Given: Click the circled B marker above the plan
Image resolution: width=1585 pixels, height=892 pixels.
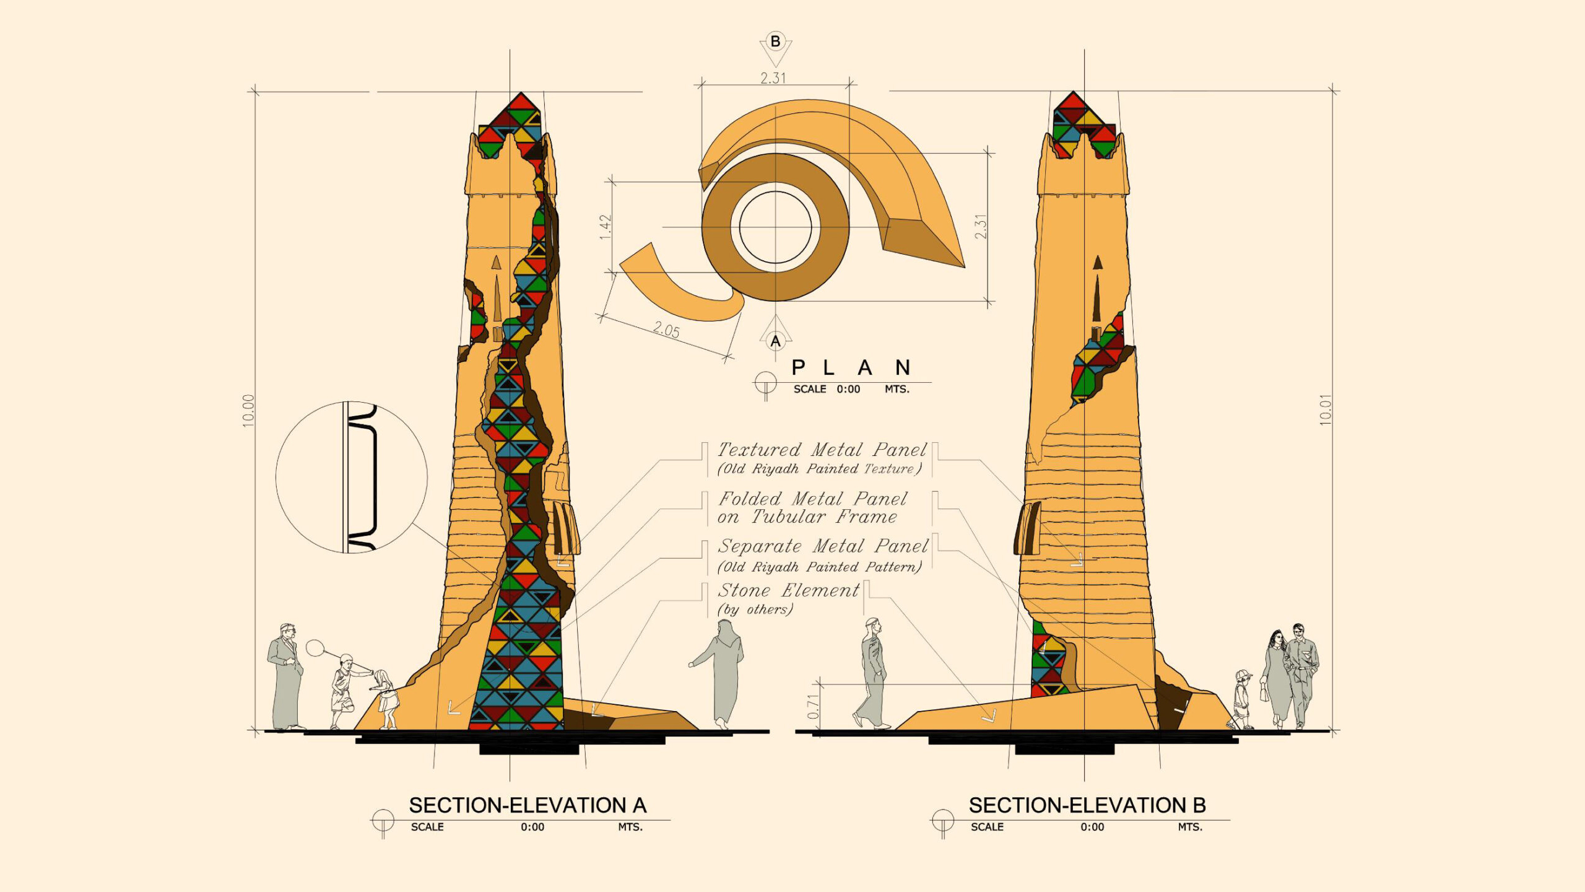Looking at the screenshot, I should [x=775, y=42].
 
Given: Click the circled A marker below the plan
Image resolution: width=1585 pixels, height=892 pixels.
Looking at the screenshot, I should [x=775, y=341].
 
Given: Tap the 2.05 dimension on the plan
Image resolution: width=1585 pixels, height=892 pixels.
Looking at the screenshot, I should [x=666, y=330].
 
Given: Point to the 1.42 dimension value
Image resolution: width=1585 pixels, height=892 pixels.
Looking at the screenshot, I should [x=606, y=227].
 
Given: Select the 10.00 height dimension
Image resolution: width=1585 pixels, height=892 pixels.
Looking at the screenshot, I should [x=248, y=410].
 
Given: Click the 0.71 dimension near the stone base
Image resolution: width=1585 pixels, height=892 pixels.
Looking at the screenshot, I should [x=813, y=706].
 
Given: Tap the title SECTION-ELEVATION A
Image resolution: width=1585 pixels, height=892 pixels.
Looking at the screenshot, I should [x=528, y=805].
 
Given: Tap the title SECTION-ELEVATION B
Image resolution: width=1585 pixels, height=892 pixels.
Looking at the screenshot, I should [x=1087, y=805].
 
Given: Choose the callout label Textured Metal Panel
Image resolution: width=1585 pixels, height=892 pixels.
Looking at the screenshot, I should [x=822, y=450].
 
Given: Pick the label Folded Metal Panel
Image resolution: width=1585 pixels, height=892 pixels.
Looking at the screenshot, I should [x=812, y=499].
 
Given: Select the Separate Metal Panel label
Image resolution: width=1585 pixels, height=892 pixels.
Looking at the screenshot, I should [x=823, y=546].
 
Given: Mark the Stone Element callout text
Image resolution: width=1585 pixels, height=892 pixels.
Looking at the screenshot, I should [x=788, y=590].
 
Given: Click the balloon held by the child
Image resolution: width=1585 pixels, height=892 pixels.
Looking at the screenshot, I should [x=315, y=648].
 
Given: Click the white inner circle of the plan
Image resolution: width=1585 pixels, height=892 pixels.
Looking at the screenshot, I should [x=775, y=227].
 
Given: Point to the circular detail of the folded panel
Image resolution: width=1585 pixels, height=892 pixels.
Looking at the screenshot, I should [x=352, y=477].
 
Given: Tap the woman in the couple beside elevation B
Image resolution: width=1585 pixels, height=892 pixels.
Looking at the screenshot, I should [x=1277, y=679].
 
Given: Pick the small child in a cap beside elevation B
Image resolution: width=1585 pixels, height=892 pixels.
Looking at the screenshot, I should [x=1241, y=699].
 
